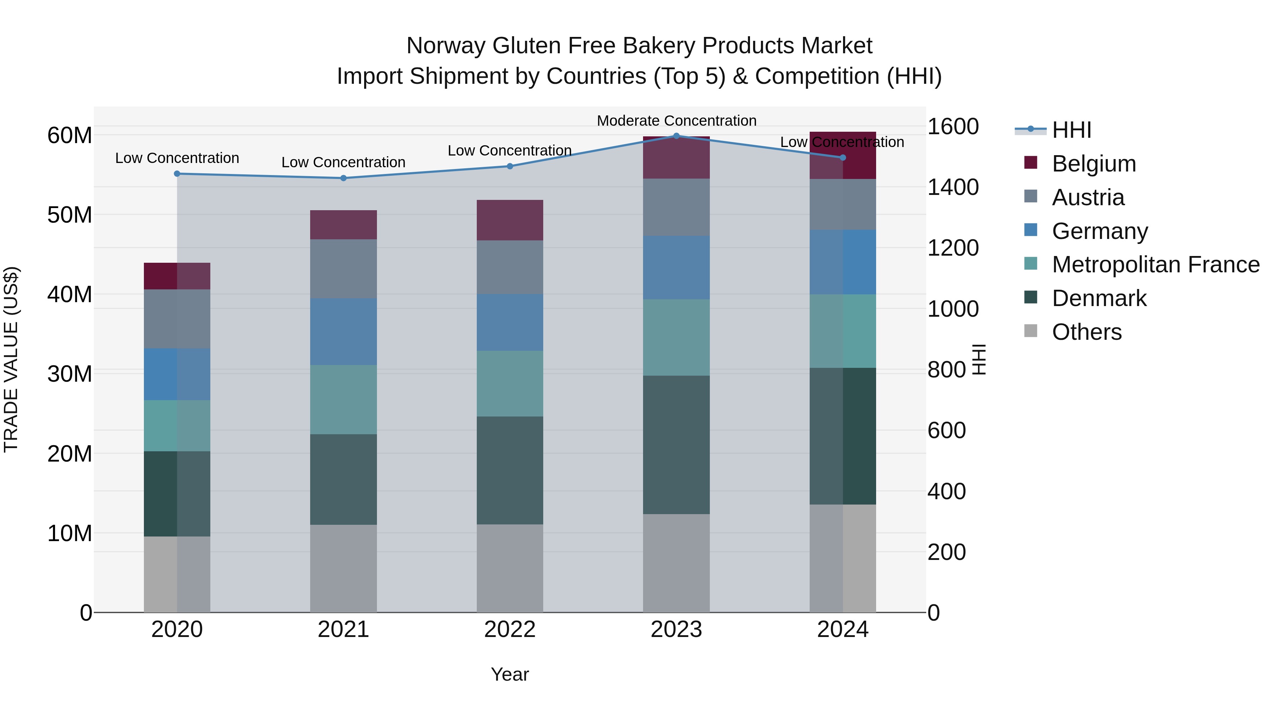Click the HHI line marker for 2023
click(676, 136)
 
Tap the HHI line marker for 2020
click(177, 174)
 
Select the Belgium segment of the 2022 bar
click(509, 220)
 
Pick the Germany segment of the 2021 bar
click(343, 332)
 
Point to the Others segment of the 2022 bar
click(509, 568)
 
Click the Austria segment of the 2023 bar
click(676, 207)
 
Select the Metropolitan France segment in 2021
click(343, 399)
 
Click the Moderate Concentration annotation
click(676, 121)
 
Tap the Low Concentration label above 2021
click(343, 162)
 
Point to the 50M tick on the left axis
click(70, 215)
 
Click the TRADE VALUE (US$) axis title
click(11, 359)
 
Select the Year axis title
click(509, 674)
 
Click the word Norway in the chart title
click(445, 46)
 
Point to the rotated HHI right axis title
click(978, 359)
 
